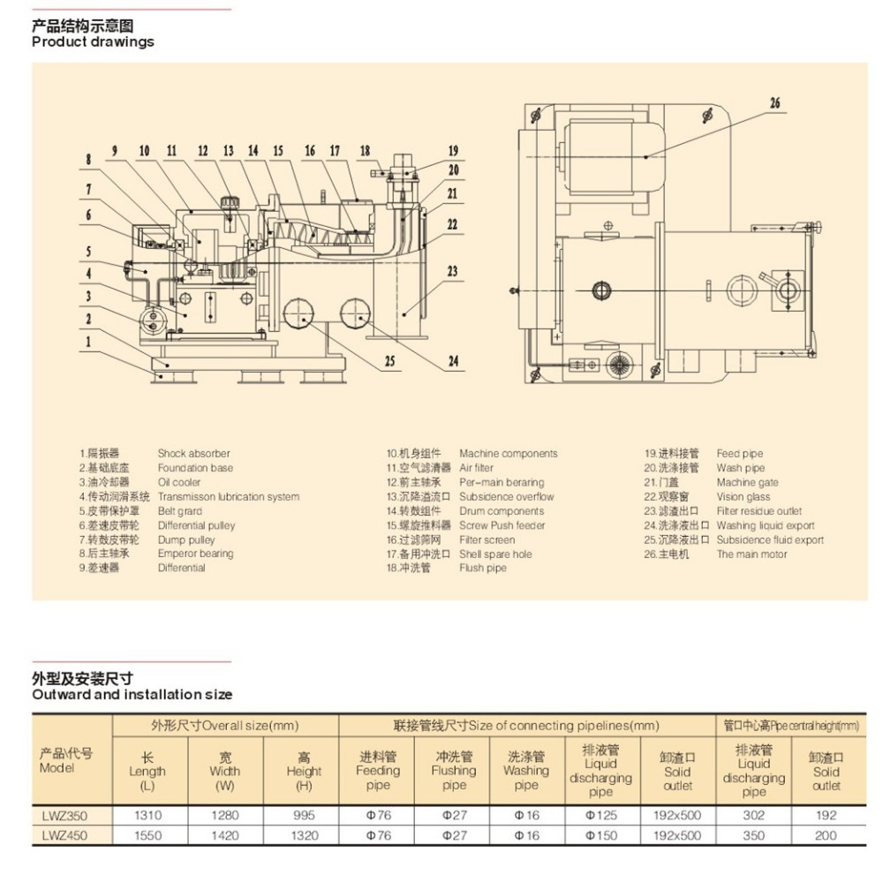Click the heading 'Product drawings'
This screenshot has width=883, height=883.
click(93, 42)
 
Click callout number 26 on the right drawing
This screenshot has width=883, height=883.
click(774, 103)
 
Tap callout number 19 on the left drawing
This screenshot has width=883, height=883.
click(453, 150)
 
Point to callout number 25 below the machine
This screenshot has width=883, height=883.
click(388, 360)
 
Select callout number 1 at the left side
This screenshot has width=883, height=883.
click(87, 340)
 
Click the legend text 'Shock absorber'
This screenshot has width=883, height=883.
click(193, 454)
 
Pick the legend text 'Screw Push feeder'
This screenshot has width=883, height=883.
click(502, 525)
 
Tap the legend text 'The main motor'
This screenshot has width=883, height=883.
click(751, 555)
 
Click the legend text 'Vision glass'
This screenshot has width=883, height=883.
click(743, 497)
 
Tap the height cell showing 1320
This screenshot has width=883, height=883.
click(303, 834)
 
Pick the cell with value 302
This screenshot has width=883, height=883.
click(753, 816)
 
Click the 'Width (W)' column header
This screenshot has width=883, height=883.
click(225, 771)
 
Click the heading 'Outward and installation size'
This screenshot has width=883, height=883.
click(132, 695)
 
